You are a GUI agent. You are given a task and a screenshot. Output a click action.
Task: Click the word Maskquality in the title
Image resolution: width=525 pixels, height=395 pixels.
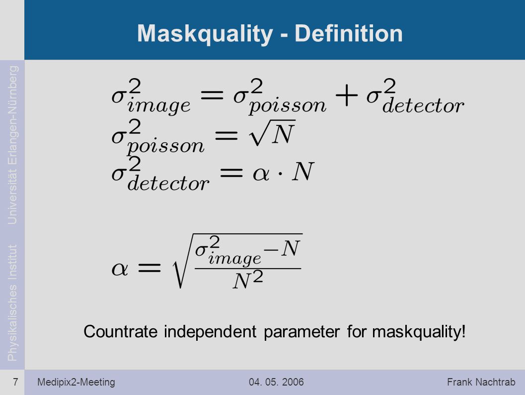click(205, 34)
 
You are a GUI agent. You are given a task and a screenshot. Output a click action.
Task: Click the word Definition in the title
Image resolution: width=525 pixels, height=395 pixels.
click(349, 33)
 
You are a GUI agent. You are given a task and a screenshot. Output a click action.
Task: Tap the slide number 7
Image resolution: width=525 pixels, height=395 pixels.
click(15, 382)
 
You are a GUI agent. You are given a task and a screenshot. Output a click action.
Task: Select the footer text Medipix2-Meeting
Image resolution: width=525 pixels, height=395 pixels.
click(76, 382)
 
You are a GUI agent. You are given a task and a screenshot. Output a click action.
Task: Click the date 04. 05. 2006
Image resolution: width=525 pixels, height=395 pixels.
click(276, 382)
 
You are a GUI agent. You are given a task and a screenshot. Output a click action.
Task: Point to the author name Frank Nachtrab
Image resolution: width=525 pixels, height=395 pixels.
click(481, 382)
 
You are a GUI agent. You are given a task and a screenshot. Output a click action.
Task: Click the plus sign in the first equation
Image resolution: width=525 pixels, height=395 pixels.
click(347, 95)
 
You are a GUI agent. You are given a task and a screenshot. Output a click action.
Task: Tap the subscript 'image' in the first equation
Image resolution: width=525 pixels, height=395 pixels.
click(159, 105)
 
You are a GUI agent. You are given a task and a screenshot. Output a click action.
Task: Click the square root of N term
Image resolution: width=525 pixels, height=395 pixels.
click(272, 133)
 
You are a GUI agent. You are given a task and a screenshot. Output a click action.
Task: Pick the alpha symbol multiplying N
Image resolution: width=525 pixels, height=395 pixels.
click(261, 174)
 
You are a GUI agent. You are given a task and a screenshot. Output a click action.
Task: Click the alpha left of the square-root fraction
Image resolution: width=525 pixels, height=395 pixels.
click(120, 269)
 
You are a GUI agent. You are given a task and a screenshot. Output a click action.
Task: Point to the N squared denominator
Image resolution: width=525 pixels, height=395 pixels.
click(248, 280)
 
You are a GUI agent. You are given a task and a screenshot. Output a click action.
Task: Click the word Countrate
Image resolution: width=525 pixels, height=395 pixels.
click(121, 332)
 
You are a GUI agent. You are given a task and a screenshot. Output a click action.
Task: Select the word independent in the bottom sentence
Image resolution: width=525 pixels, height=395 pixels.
click(210, 332)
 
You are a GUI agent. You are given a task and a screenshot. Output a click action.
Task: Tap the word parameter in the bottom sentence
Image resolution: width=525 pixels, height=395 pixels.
click(301, 333)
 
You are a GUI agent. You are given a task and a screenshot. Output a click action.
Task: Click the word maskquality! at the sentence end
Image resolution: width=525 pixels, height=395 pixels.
click(419, 332)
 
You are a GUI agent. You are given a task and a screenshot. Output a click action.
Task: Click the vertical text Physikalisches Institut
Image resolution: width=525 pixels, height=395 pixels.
click(12, 303)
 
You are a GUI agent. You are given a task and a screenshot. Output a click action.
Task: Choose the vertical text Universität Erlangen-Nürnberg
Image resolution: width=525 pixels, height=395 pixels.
click(12, 145)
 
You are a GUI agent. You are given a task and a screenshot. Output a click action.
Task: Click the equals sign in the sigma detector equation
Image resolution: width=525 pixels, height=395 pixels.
click(231, 173)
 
